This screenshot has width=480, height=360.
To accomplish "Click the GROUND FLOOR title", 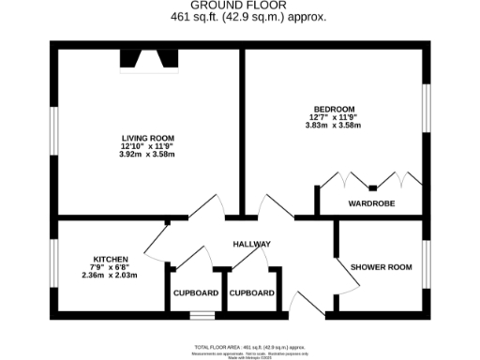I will coord(240,6).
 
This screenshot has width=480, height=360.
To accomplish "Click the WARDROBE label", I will coord(371,202).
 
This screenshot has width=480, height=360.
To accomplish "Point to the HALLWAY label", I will coord(252,244).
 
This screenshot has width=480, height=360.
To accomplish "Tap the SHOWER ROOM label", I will coord(382,267).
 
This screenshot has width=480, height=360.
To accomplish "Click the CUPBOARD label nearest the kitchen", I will coord(196,293).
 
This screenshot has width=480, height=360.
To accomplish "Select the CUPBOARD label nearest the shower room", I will coord(252,293).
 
